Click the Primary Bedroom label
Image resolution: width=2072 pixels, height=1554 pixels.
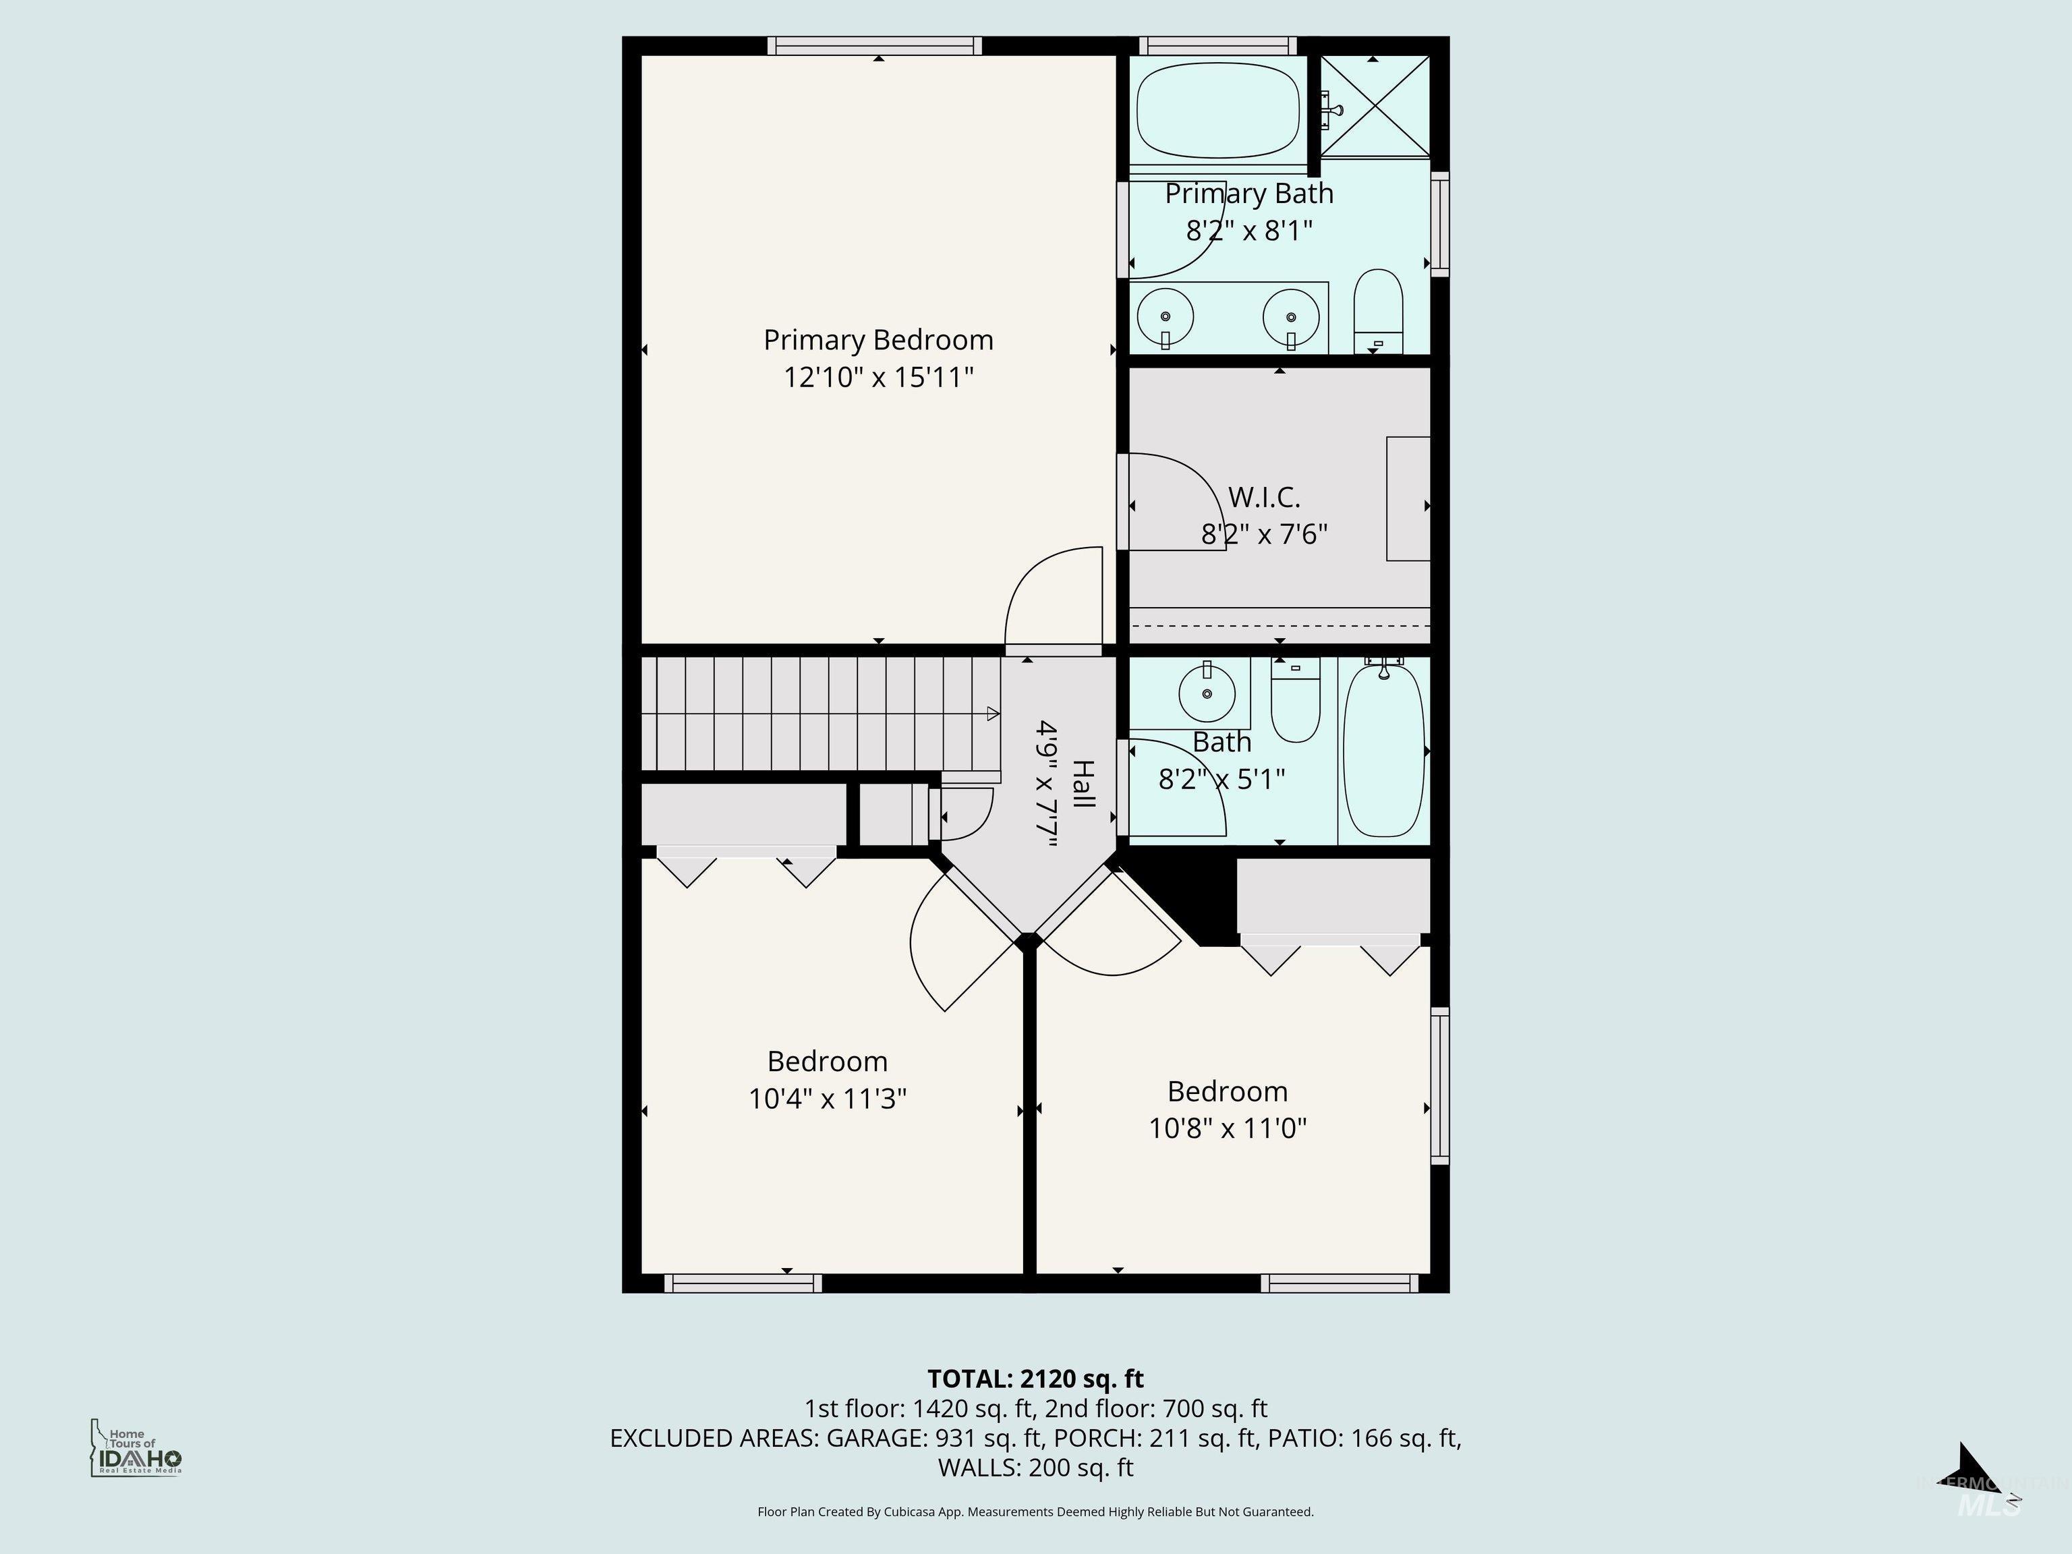point(877,340)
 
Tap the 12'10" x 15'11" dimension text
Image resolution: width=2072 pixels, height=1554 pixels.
point(877,378)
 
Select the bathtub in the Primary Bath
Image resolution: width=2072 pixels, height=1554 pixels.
point(1217,111)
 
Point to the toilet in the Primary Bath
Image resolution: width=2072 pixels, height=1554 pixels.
point(1378,311)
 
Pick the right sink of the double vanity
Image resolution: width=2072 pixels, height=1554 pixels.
point(1291,316)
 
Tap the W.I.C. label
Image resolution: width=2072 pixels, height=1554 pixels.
point(1263,496)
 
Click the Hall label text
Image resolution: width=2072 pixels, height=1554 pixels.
point(1083,785)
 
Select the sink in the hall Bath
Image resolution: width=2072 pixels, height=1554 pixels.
point(1207,693)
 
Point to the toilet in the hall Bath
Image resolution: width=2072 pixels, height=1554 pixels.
point(1296,703)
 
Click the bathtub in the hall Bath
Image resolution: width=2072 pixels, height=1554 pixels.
point(1383,749)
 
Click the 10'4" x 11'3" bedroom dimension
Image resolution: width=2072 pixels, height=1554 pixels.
point(827,1098)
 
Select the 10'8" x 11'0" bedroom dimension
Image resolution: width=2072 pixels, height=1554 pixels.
point(1227,1128)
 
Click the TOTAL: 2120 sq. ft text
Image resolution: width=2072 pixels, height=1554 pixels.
point(1035,1379)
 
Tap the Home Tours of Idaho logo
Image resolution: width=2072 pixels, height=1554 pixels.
point(135,1448)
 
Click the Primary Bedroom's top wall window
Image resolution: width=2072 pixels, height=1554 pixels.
point(874,46)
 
